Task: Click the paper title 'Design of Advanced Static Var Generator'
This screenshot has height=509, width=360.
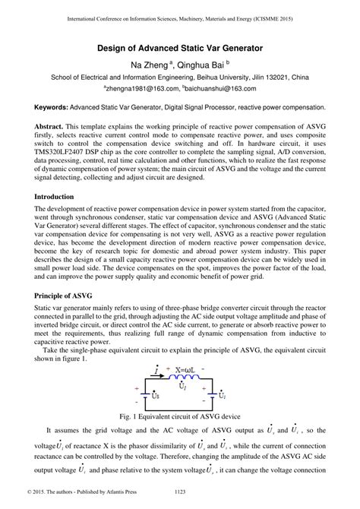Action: [180, 48]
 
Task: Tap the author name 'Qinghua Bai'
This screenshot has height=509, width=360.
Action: [203, 65]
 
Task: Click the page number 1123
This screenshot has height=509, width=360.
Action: [180, 501]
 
